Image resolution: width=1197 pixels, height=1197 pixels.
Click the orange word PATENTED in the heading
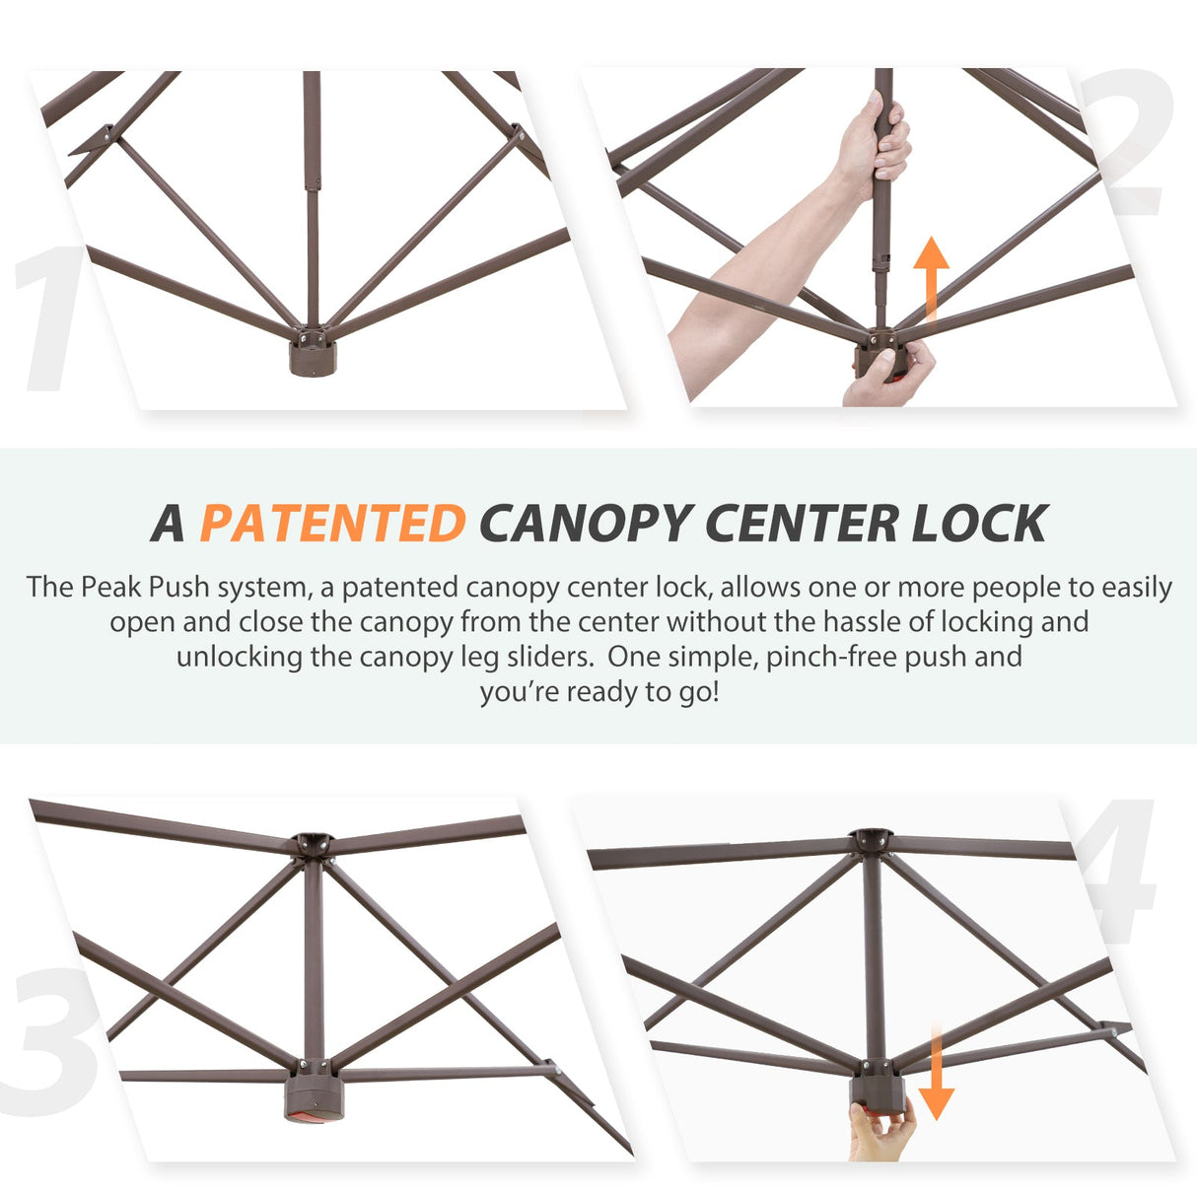[333, 523]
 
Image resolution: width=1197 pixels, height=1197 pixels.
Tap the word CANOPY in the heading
[587, 523]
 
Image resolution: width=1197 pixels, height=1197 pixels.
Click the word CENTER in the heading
[802, 523]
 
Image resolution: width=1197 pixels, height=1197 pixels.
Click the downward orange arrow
[936, 1074]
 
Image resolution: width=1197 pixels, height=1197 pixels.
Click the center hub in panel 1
[313, 352]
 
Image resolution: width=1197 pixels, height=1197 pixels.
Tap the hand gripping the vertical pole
[875, 144]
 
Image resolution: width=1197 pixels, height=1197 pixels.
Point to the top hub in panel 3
[313, 845]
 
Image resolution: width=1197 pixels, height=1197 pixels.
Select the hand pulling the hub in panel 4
[882, 1129]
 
